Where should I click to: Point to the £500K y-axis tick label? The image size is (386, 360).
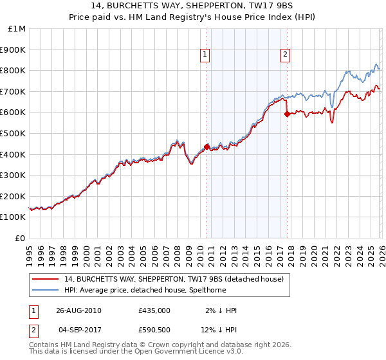[x=14, y=133]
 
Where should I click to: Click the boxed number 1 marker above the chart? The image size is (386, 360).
[x=205, y=55]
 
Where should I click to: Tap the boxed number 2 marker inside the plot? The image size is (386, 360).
[x=284, y=55]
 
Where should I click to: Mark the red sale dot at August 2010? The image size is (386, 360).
[x=207, y=147]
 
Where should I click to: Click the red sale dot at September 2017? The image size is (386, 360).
[x=287, y=114]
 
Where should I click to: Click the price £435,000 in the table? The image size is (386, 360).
[x=154, y=310]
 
